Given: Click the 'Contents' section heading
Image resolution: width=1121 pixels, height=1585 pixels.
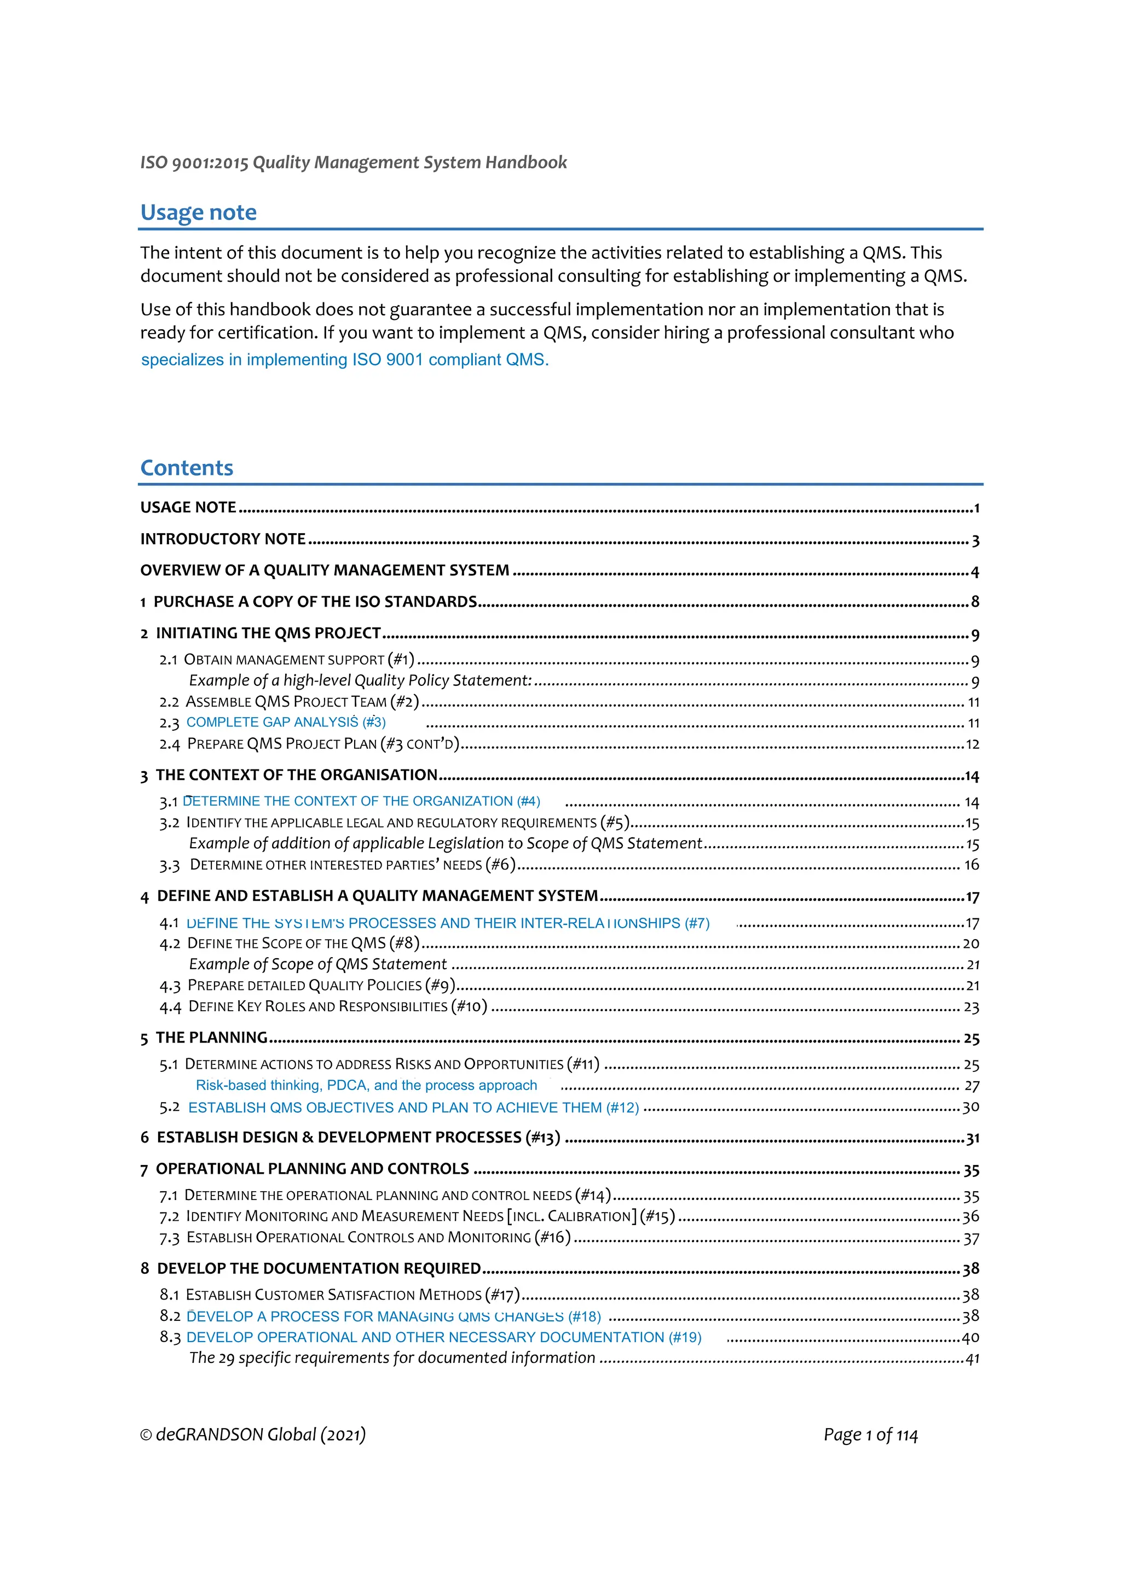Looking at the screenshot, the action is tap(187, 468).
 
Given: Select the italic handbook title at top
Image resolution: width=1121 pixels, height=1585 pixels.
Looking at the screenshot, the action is tap(353, 162).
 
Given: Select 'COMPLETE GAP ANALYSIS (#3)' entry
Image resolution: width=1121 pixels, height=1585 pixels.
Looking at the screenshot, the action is tap(286, 722).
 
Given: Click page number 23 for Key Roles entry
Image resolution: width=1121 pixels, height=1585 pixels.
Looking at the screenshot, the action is tap(971, 1007).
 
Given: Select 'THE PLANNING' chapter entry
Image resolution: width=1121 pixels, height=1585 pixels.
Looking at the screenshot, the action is tap(211, 1037).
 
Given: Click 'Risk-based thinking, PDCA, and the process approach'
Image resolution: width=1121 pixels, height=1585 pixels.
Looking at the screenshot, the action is tap(366, 1085).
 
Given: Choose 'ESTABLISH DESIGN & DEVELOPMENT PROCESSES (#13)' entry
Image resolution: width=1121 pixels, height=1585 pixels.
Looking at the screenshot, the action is tap(358, 1137).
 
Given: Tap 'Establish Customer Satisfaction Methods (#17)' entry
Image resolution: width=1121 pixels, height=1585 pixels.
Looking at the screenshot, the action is tap(353, 1295).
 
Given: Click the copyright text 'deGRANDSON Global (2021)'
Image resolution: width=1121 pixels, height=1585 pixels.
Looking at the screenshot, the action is tap(261, 1435).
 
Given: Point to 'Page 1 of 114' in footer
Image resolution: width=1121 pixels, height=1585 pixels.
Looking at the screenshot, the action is tap(870, 1435).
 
